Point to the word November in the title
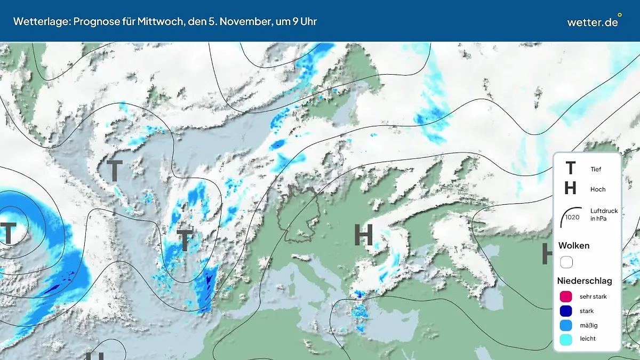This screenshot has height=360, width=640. pyautogui.click(x=243, y=21)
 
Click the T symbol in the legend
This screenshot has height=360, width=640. pyautogui.click(x=570, y=169)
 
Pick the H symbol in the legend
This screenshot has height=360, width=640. pyautogui.click(x=570, y=188)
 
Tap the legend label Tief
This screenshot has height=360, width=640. pyautogui.click(x=596, y=170)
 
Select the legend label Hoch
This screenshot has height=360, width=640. pyautogui.click(x=598, y=189)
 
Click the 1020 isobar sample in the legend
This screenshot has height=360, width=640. pyautogui.click(x=571, y=217)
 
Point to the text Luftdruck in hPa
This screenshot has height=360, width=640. pyautogui.click(x=604, y=214)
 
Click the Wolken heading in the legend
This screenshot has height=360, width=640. pyautogui.click(x=574, y=245)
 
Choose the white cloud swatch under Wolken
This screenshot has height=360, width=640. pyautogui.click(x=566, y=262)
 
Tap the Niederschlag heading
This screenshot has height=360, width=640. pyautogui.click(x=585, y=281)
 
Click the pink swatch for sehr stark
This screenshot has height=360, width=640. pyautogui.click(x=566, y=297)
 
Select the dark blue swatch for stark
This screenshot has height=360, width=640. pyautogui.click(x=566, y=311)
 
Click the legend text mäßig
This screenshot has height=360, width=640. pyautogui.click(x=588, y=325)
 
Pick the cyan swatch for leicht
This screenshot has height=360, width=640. pyautogui.click(x=566, y=339)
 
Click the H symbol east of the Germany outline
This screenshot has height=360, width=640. pyautogui.click(x=364, y=235)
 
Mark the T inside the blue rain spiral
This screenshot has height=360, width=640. pyautogui.click(x=9, y=233)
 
